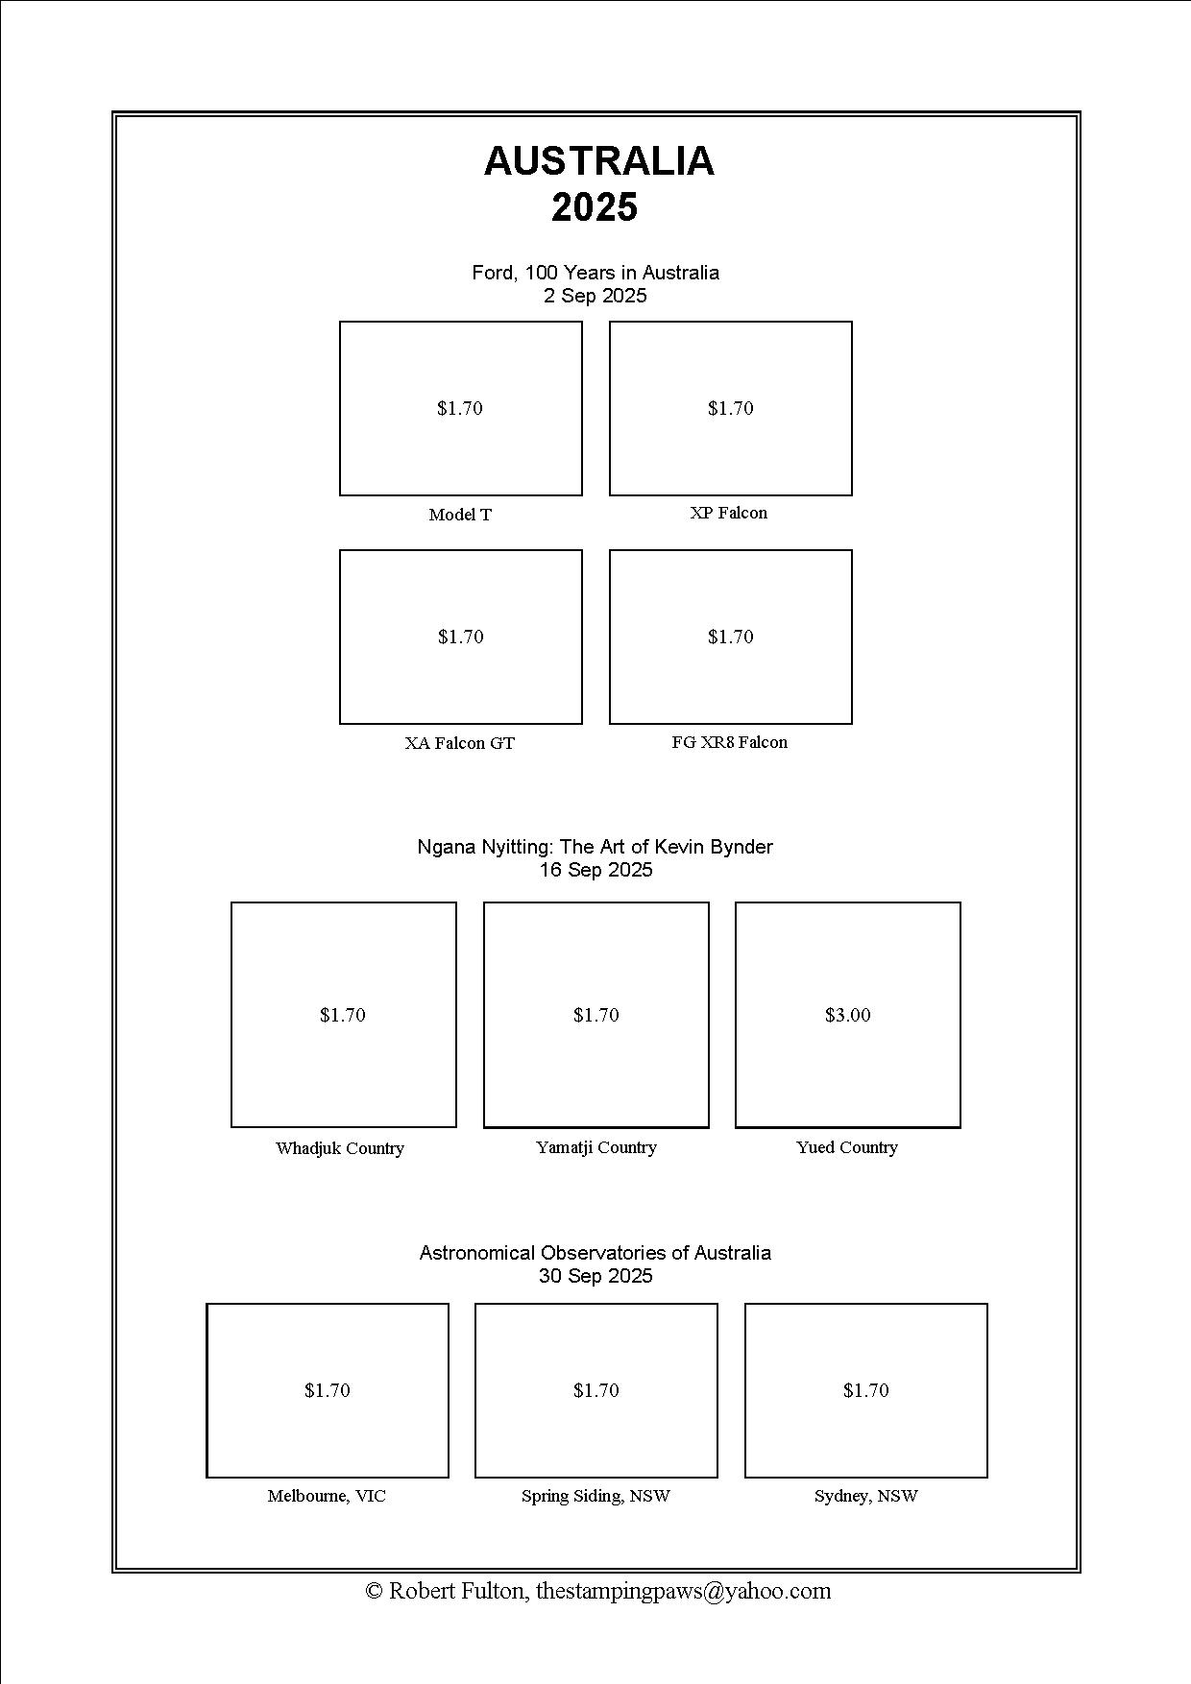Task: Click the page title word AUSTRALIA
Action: pyautogui.click(x=598, y=161)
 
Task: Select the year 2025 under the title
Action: pyautogui.click(x=595, y=207)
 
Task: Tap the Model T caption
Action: pyautogui.click(x=460, y=515)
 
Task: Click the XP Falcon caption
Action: pyautogui.click(x=729, y=513)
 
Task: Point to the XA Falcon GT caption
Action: pyautogui.click(x=459, y=743)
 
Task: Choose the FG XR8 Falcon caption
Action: pyautogui.click(x=729, y=742)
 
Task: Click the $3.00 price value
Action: pyautogui.click(x=847, y=1015)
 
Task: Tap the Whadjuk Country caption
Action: pyautogui.click(x=340, y=1148)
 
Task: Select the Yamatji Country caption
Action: pyautogui.click(x=595, y=1147)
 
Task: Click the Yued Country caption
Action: pyautogui.click(x=846, y=1147)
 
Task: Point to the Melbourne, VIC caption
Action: pyautogui.click(x=327, y=1496)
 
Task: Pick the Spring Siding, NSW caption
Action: pyautogui.click(x=595, y=1496)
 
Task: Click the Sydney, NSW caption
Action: pyautogui.click(x=865, y=1496)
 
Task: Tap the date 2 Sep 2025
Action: pyautogui.click(x=595, y=296)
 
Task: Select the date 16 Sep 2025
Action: pyautogui.click(x=595, y=870)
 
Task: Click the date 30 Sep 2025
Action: pyautogui.click(x=595, y=1276)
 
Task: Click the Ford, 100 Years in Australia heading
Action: pyautogui.click(x=595, y=273)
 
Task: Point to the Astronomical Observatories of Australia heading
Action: pyautogui.click(x=595, y=1253)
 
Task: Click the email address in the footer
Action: pyautogui.click(x=683, y=1591)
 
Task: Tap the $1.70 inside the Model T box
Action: pyautogui.click(x=460, y=408)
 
